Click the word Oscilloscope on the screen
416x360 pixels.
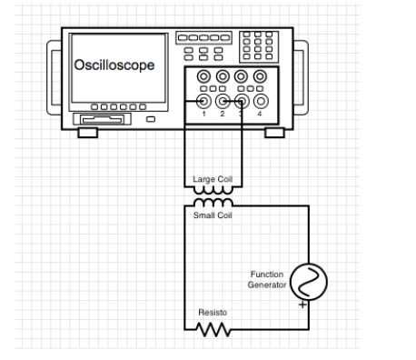(x=114, y=65)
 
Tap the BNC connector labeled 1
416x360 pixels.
(x=204, y=102)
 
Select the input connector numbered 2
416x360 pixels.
(x=223, y=102)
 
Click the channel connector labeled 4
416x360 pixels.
(x=261, y=102)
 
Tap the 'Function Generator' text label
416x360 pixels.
(x=268, y=279)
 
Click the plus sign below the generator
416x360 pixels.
(x=302, y=305)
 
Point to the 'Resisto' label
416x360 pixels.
(x=212, y=312)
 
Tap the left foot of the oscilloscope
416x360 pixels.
(x=87, y=133)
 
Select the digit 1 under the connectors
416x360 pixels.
(x=204, y=115)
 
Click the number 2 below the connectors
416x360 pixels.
(x=223, y=115)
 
